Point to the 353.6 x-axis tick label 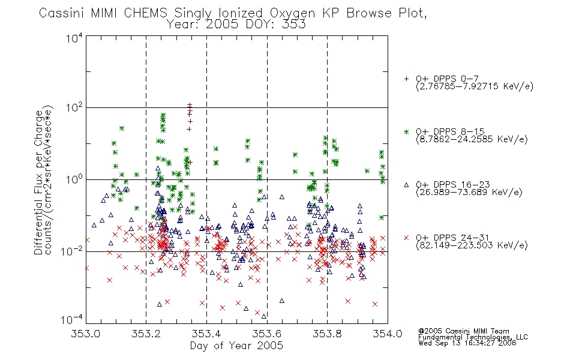(266, 334)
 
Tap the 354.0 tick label (388, 334)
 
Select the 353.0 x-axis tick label (85, 334)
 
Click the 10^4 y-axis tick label (74, 37)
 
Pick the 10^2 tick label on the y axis (74, 108)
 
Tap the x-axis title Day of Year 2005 (236, 346)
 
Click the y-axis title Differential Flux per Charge (38, 182)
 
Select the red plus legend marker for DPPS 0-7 (406, 79)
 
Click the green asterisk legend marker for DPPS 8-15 (406, 131)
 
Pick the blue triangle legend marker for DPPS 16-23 (406, 185)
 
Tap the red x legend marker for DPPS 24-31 (406, 238)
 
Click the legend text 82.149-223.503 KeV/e (472, 245)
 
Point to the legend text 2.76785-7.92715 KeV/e (475, 86)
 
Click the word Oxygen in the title (292, 13)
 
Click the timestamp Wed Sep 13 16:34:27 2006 (467, 343)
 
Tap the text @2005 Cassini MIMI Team (464, 331)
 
